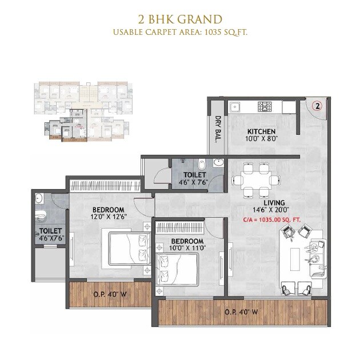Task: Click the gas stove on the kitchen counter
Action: click(x=265, y=106)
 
